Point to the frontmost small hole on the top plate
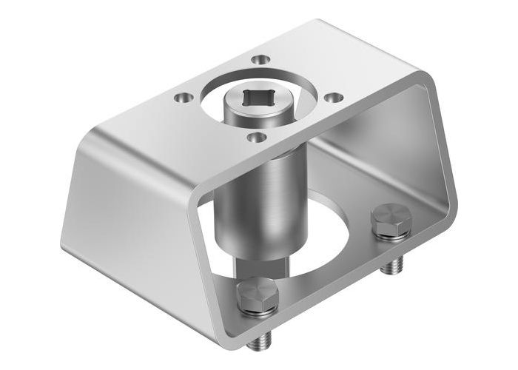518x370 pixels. pos(254,137)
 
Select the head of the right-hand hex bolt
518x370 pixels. pos(390,221)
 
